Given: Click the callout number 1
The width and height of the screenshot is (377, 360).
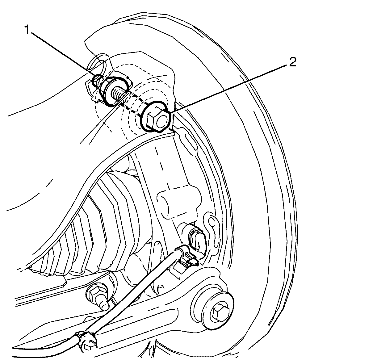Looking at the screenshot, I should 27,30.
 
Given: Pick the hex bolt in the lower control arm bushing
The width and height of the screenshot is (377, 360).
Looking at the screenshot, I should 220,313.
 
